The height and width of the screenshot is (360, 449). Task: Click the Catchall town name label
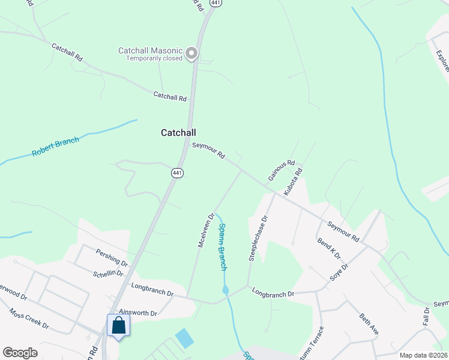pyautogui.click(x=178, y=133)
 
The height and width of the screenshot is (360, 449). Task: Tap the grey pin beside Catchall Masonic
pyautogui.click(x=191, y=54)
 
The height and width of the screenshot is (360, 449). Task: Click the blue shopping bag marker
pyautogui.click(x=118, y=326)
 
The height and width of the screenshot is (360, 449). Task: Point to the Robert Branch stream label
pyautogui.click(x=56, y=148)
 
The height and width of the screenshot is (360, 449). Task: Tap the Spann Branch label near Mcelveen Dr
pyautogui.click(x=222, y=246)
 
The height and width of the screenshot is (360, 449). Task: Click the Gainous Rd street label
pyautogui.click(x=282, y=170)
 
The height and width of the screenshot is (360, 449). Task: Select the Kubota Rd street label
pyautogui.click(x=294, y=182)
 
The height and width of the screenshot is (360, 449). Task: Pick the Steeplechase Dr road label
pyautogui.click(x=257, y=238)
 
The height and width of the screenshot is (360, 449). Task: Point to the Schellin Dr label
pyautogui.click(x=108, y=273)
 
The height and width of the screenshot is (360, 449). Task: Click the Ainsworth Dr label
pyautogui.click(x=138, y=313)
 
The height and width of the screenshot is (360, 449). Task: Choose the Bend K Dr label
pyautogui.click(x=328, y=247)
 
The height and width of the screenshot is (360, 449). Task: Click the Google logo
pyautogui.click(x=20, y=353)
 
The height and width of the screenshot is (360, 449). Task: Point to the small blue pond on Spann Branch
pyautogui.click(x=225, y=290)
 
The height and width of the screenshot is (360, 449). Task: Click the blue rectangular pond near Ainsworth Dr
pyautogui.click(x=185, y=338)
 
